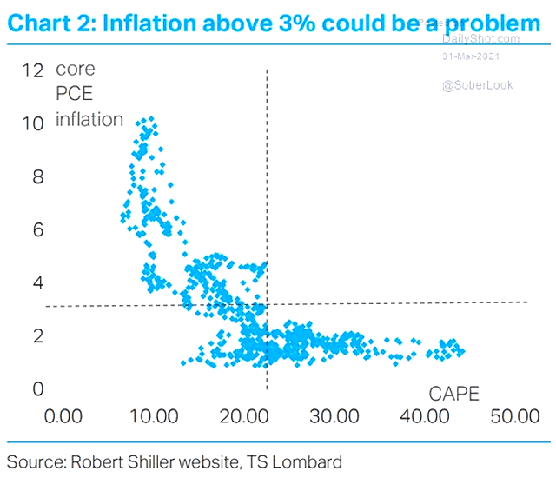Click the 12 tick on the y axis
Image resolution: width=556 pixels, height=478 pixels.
[x=32, y=70]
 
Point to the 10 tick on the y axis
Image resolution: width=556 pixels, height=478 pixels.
[x=32, y=123]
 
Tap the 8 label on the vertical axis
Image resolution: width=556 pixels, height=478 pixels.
[x=35, y=177]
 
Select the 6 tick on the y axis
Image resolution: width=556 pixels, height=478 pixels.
[x=35, y=230]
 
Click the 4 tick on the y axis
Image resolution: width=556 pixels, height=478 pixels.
[x=35, y=283]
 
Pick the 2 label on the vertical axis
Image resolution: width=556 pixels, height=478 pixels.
[x=35, y=336]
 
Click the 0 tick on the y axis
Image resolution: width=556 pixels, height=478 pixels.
[x=35, y=389]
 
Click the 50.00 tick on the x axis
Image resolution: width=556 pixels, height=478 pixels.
[x=515, y=415]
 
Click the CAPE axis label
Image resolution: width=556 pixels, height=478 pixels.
[x=454, y=393]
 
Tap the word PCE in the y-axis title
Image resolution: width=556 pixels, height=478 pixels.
[x=74, y=94]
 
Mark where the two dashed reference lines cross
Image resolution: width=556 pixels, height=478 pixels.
[x=266, y=304]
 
